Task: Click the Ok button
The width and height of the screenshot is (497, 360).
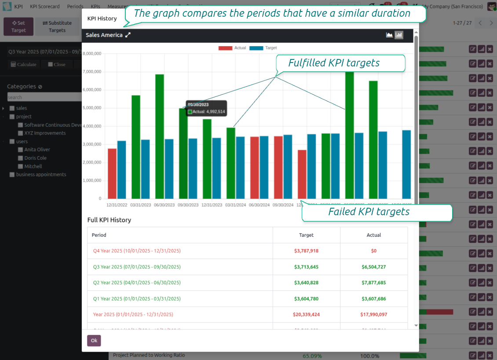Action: pos(94,341)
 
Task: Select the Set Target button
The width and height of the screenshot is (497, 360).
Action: pos(18,26)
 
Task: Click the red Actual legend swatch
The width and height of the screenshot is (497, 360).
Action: pos(225,48)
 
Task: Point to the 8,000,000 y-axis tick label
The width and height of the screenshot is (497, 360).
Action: pos(92,54)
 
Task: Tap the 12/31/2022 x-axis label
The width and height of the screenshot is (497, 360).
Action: pos(117,205)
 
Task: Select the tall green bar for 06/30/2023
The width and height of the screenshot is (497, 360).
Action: pos(160,136)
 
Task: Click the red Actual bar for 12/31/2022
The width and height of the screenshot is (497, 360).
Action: pos(112,173)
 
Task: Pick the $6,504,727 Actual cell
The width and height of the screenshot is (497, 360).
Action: pos(374,267)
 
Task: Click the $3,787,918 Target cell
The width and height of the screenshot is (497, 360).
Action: pos(306,251)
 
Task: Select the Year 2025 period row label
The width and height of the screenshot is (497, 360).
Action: pos(133,315)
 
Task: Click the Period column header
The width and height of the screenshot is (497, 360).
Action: pos(99,235)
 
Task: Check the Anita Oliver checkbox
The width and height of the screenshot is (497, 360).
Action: pos(20,150)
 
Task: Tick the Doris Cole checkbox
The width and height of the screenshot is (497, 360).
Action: pos(20,158)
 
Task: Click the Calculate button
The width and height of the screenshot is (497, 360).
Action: pos(24,64)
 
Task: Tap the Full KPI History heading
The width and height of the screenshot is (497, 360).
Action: pos(109,220)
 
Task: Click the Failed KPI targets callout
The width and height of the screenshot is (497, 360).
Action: pos(369,212)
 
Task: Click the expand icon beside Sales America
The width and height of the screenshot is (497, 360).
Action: pos(128,35)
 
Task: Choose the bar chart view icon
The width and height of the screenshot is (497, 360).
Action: pos(399,35)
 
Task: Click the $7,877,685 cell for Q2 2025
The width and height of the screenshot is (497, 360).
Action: pos(374,283)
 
